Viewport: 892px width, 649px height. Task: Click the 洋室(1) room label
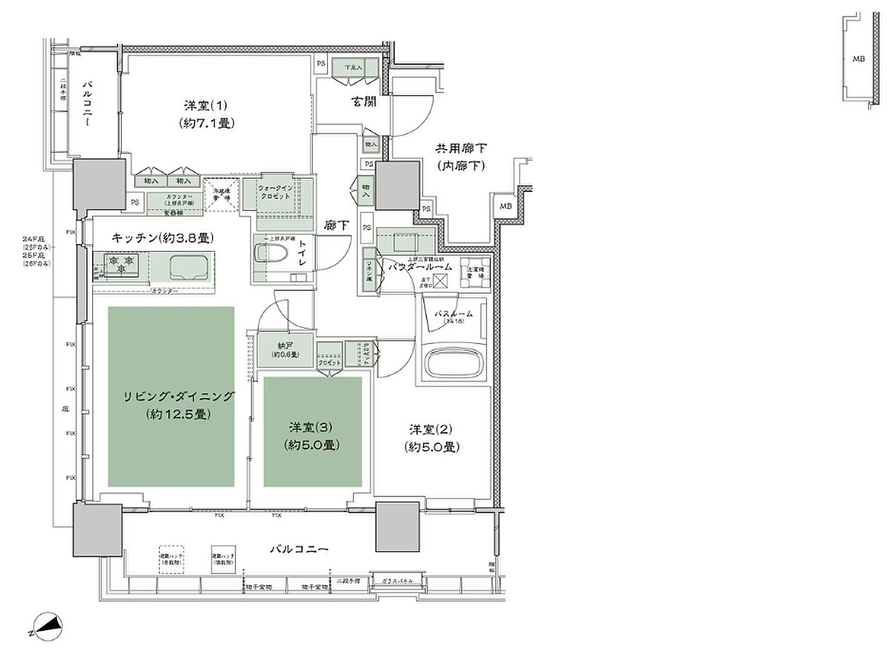click(205, 106)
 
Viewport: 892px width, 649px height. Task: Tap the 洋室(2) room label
click(431, 430)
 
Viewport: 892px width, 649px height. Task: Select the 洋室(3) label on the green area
click(312, 428)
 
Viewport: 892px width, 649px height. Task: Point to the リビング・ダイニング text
click(178, 397)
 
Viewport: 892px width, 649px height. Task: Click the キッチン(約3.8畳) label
click(162, 238)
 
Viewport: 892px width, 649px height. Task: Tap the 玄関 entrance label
click(364, 101)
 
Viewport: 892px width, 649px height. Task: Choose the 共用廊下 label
click(461, 148)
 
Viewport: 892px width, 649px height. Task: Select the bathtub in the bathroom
click(455, 364)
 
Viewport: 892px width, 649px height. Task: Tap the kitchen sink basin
click(191, 266)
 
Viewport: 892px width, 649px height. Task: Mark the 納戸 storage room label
click(285, 346)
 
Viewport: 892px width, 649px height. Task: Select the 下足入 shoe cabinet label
click(353, 68)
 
